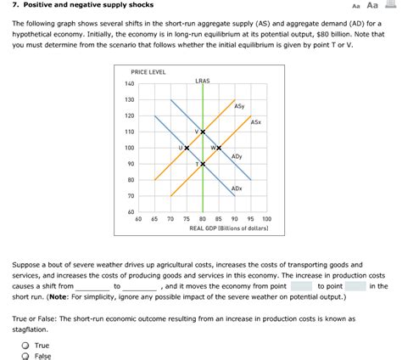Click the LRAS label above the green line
pyautogui.click(x=202, y=81)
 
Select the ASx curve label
pyautogui.click(x=255, y=123)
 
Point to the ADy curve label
pyautogui.click(x=237, y=157)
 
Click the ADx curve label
pyautogui.click(x=237, y=188)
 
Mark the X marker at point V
pyautogui.click(x=203, y=132)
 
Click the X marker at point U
pyautogui.click(x=187, y=148)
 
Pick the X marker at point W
pyautogui.click(x=219, y=148)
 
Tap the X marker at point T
pyautogui.click(x=203, y=163)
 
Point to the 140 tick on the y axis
pyautogui.click(x=129, y=84)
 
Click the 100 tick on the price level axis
pyautogui.click(x=129, y=148)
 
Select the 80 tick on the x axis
pyautogui.click(x=203, y=219)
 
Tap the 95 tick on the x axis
pyautogui.click(x=251, y=219)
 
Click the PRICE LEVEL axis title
pyautogui.click(x=148, y=72)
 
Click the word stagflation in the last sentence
pyautogui.click(x=31, y=328)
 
